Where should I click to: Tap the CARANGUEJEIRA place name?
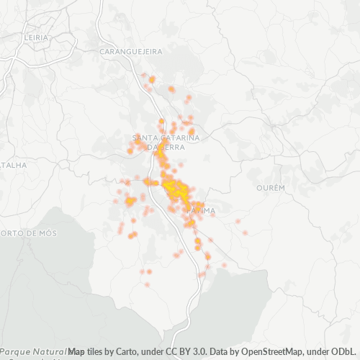(x=132, y=52)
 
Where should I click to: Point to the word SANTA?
(x=145, y=137)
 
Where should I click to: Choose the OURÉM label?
(x=271, y=187)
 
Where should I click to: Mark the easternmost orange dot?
(x=246, y=233)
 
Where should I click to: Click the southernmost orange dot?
(x=148, y=284)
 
